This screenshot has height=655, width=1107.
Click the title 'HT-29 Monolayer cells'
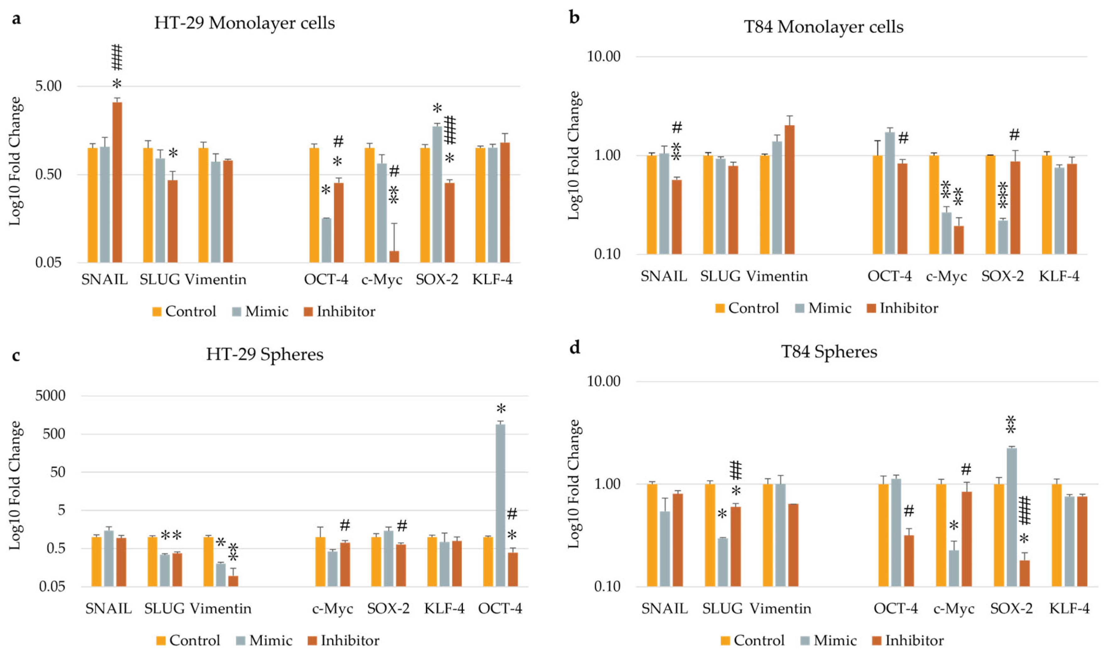244,23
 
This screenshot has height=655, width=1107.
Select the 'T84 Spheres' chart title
829,352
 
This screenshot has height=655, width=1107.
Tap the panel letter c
16,355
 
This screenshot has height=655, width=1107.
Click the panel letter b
574,18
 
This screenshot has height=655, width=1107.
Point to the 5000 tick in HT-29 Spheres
50,396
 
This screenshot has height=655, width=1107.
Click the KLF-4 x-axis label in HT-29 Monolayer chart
492,279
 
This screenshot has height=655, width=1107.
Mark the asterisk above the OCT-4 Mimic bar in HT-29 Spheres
501,408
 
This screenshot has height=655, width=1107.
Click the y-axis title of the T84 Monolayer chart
573,156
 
